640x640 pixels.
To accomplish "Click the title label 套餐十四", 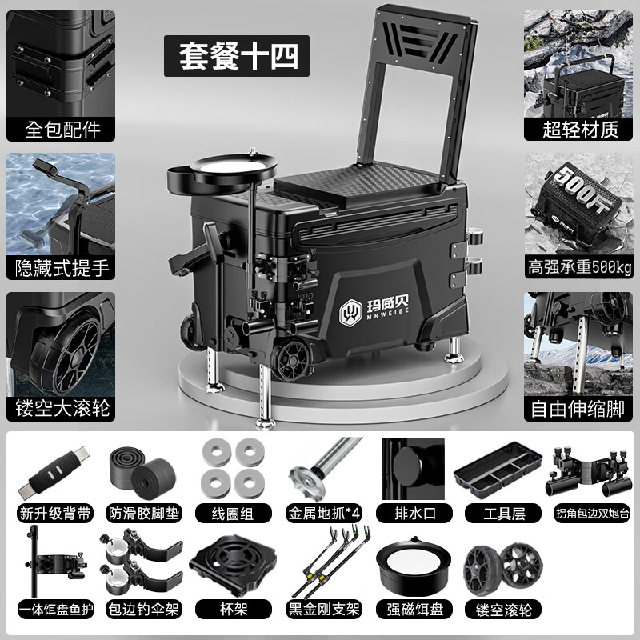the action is [x=237, y=56].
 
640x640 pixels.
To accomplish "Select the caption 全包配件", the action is [x=61, y=129].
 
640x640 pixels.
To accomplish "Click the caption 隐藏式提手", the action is [x=61, y=268].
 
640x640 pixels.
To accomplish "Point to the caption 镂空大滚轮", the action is [x=61, y=409].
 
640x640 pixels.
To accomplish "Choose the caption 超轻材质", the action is [x=578, y=129].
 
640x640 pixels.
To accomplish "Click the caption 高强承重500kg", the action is [x=578, y=267].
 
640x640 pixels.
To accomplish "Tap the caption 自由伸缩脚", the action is [x=578, y=409].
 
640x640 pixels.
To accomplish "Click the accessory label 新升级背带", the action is [x=55, y=513].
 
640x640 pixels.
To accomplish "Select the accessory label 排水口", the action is [x=414, y=513].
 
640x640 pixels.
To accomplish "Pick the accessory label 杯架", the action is [x=234, y=610].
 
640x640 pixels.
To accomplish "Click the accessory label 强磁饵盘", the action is [x=414, y=610].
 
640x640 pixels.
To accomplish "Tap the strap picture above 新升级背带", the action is [x=54, y=472].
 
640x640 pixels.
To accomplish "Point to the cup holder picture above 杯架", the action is [x=233, y=565].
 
